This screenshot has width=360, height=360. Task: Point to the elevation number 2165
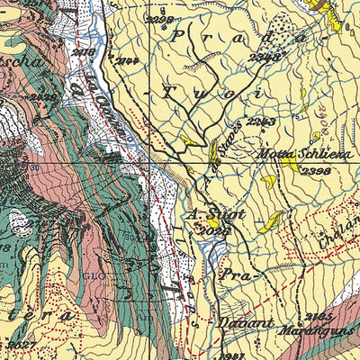click(319, 317)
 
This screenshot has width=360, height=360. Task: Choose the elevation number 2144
click(127, 60)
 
